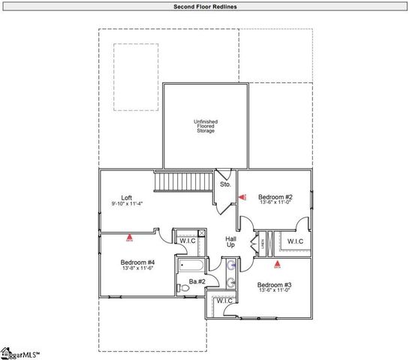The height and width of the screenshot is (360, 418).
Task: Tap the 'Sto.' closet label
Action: point(224,184)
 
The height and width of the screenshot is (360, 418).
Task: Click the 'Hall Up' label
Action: point(231,242)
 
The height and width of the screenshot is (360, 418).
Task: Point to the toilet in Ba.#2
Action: point(184,287)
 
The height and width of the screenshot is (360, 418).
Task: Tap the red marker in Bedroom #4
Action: point(129,238)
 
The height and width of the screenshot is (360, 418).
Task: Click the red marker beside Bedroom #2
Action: point(242,197)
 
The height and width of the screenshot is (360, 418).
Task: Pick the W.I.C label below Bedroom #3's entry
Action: point(225,301)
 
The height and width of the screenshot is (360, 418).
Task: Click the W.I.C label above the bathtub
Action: point(188,240)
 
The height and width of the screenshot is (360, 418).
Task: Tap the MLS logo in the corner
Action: point(19,353)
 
